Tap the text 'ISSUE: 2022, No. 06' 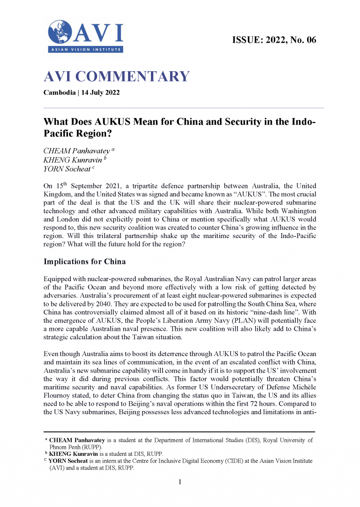click(x=274, y=40)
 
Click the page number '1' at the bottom click(x=180, y=482)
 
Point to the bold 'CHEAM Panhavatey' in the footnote click(x=78, y=440)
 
